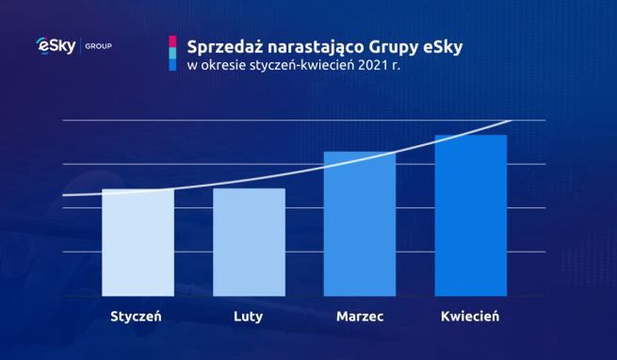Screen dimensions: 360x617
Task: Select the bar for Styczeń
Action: (x=138, y=243)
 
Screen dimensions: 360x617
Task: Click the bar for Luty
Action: (x=249, y=243)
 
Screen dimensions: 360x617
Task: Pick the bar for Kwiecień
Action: (x=471, y=216)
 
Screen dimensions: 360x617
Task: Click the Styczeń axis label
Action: (x=138, y=317)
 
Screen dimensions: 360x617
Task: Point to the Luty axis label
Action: (x=249, y=317)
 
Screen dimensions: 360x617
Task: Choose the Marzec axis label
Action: (x=360, y=317)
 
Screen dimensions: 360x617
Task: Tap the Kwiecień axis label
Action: (x=471, y=317)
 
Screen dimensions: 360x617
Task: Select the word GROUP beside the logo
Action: (x=99, y=45)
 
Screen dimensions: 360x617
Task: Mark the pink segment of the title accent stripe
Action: (x=172, y=42)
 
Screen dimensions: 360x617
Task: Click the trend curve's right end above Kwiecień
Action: (x=509, y=122)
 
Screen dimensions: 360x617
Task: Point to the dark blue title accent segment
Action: (x=172, y=67)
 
